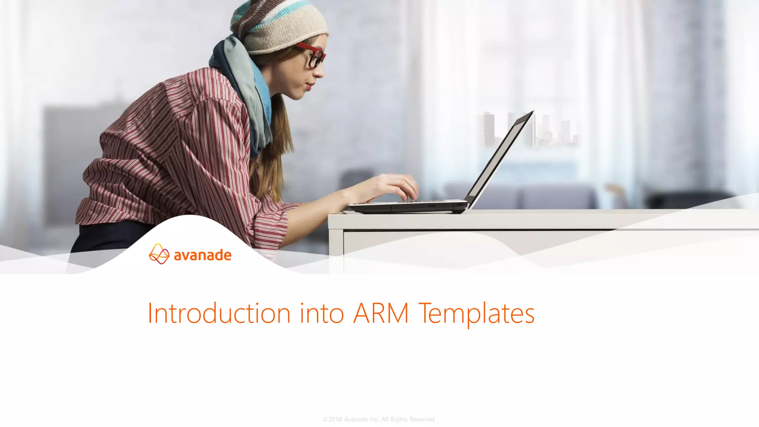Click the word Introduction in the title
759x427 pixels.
219,314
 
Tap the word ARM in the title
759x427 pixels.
381,314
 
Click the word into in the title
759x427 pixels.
322,314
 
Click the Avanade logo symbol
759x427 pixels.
159,254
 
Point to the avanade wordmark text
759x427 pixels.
202,255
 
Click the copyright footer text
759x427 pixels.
379,419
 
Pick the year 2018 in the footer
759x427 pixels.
335,419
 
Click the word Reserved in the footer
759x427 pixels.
422,419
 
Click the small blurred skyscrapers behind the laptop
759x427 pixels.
485,130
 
